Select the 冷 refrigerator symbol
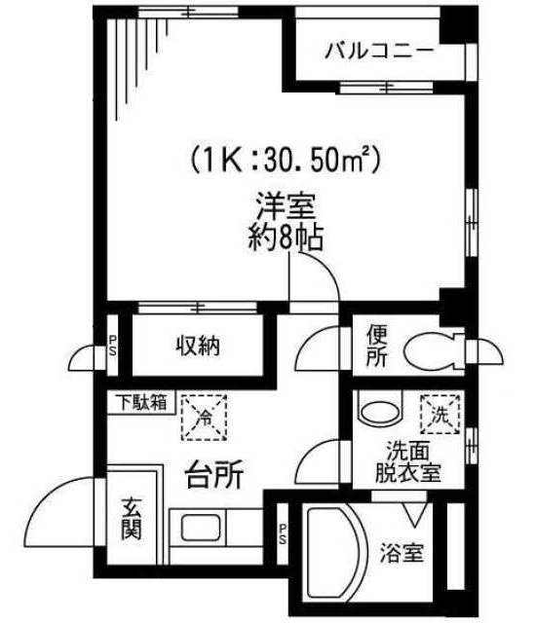tap(206, 416)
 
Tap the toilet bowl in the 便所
tap(433, 349)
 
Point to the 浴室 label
tap(401, 554)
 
